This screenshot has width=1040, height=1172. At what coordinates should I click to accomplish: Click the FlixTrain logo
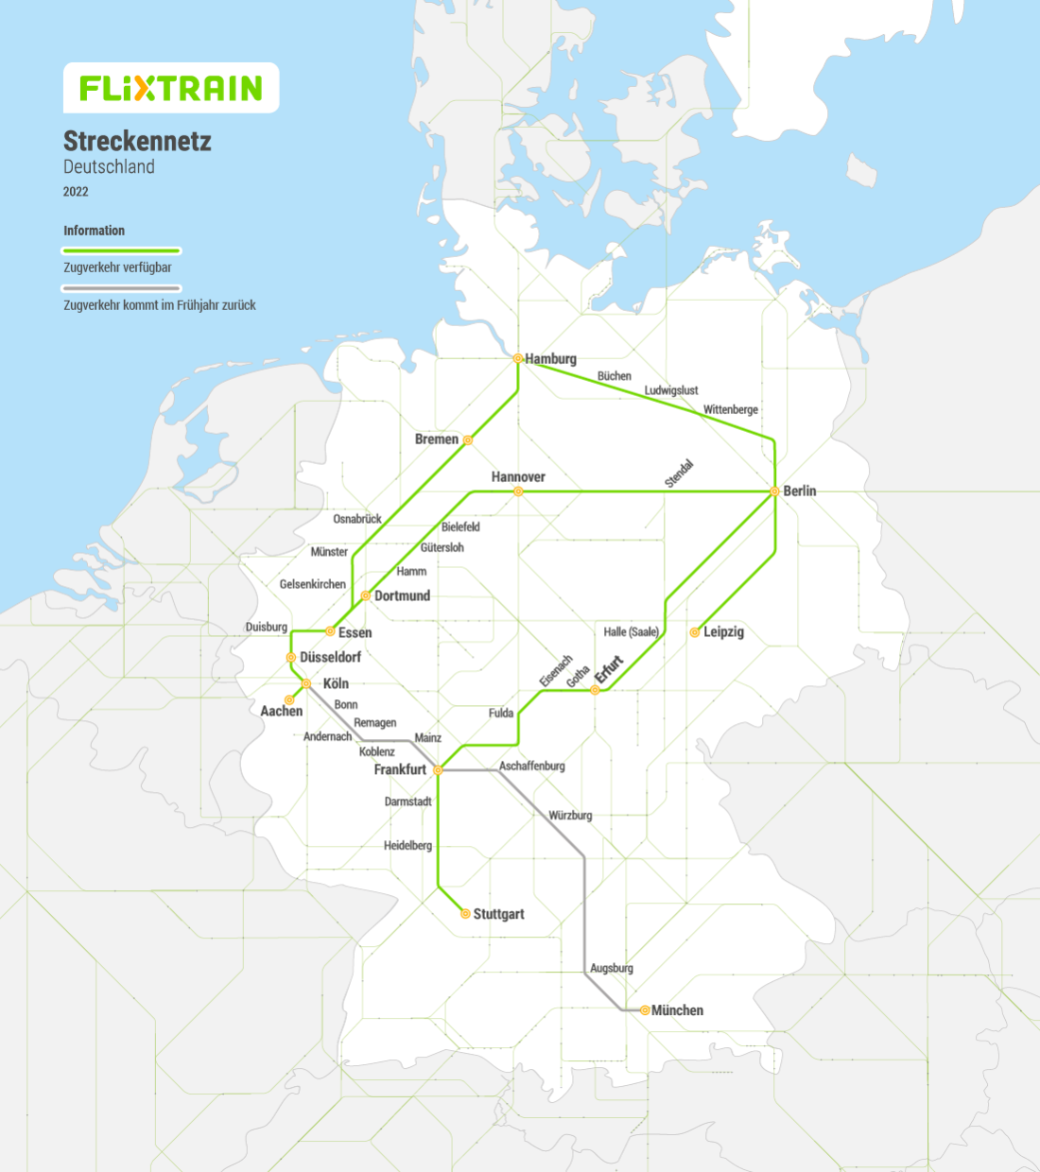pos(171,88)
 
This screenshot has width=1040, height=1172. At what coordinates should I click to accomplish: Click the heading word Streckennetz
pos(137,142)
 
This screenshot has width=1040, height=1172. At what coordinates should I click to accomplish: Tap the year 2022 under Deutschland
pos(76,192)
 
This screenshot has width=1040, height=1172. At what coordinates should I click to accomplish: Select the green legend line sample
pos(121,250)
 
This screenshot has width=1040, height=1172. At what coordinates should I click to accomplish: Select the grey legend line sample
pos(121,288)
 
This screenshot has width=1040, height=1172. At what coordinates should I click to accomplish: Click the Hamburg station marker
pos(518,358)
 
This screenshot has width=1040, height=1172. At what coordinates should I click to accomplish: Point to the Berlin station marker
pos(774,491)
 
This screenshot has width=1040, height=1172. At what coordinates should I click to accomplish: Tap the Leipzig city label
pos(723,632)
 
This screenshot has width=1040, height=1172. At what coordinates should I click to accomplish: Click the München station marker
pos(645,1010)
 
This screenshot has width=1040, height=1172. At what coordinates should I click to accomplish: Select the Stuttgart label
pos(498,914)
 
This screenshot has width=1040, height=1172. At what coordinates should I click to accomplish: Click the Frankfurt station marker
pos(438,770)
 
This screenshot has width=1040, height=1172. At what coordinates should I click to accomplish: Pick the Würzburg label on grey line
pos(570,815)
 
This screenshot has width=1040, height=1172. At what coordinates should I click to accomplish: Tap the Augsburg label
pos(612,968)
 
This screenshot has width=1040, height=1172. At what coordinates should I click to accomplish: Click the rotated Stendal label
pos(679,474)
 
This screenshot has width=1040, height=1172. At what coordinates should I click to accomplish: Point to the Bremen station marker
pos(467,439)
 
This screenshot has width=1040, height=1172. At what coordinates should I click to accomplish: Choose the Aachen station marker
pos(289,700)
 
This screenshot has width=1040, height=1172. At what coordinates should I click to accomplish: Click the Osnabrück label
pos(357,519)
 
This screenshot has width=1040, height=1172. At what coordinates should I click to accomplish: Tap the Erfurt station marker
pos(595,690)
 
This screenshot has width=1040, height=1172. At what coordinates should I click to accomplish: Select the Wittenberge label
pos(730,409)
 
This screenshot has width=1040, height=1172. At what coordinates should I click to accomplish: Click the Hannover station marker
pos(518,491)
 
